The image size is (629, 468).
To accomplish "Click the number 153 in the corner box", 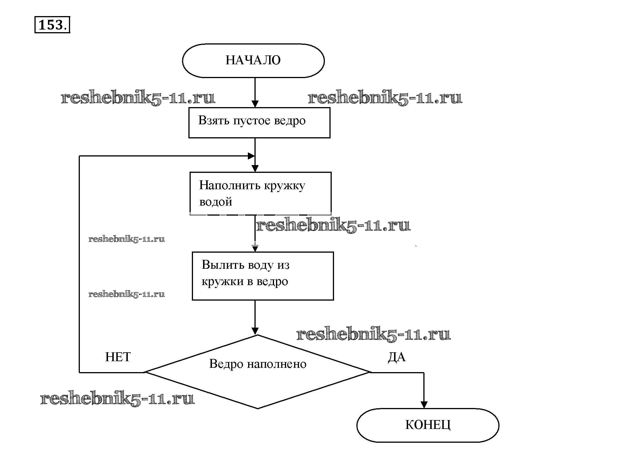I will click(x=50, y=25).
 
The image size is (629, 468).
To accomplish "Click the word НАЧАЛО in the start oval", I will click(x=253, y=60).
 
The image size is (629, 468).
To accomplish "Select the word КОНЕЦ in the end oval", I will click(x=428, y=425).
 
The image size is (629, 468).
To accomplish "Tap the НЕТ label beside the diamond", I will click(x=118, y=357).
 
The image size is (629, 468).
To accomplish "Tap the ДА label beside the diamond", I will click(x=397, y=357).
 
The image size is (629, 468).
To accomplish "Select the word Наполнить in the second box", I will click(x=229, y=185).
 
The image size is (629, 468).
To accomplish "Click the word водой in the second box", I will click(x=215, y=202).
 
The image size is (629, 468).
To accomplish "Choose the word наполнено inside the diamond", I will click(x=277, y=364).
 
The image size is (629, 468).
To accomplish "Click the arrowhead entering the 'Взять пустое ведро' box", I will click(x=255, y=104).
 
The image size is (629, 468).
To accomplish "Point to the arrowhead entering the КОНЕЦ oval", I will click(x=424, y=405).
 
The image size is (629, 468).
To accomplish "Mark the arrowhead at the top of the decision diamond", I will click(x=255, y=331).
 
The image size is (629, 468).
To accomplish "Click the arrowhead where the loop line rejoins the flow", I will click(x=251, y=156).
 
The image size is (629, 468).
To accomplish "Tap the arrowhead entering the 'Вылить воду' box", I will click(x=255, y=248).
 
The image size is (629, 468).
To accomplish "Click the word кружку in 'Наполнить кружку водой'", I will click(x=284, y=186).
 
